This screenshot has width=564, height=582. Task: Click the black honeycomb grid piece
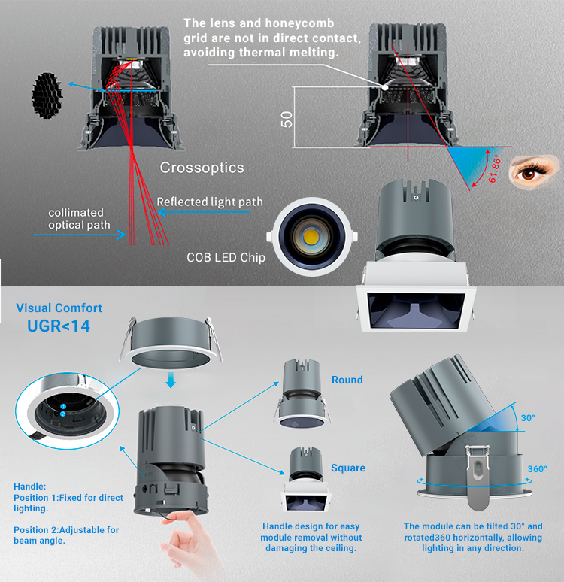tap(47, 95)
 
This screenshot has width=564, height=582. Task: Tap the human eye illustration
tap(534, 172)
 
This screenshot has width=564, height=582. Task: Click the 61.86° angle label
tap(495, 171)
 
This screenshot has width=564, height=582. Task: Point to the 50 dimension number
tap(287, 119)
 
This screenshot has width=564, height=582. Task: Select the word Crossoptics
tap(202, 168)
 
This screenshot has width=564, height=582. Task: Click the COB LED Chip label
tap(226, 258)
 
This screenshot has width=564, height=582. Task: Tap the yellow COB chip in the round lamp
tap(311, 236)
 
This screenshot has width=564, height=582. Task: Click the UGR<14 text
tap(59, 326)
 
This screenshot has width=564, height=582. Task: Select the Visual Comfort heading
tap(59, 308)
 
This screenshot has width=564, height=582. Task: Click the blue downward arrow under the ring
tap(171, 380)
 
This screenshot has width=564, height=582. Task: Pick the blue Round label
tap(347, 380)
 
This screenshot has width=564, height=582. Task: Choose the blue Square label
tap(348, 468)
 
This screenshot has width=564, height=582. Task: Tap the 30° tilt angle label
tap(528, 418)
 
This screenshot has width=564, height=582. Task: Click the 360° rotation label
tap(537, 469)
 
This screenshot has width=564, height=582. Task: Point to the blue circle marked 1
tap(63, 407)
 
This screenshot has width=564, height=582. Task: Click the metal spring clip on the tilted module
tap(478, 477)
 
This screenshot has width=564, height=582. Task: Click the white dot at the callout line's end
tap(386, 87)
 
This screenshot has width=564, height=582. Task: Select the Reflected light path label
tap(210, 202)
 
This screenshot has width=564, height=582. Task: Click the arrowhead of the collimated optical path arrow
tap(122, 234)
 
